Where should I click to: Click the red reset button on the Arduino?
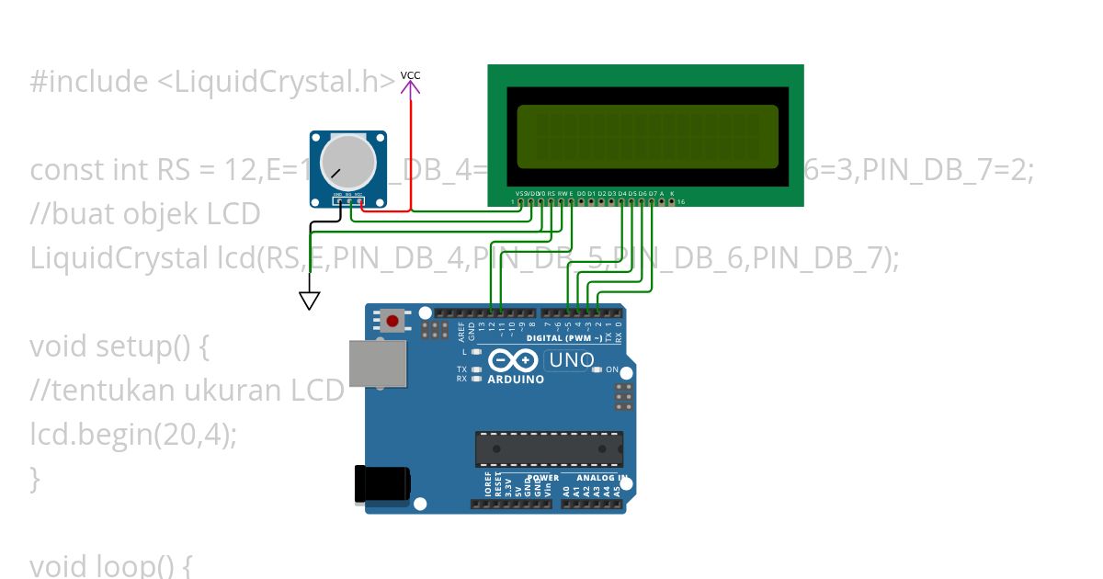393,321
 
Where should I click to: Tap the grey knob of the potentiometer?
347,160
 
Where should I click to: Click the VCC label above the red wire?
410,75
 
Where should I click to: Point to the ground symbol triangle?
310,301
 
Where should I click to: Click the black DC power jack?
382,484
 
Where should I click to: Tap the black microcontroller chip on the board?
549,448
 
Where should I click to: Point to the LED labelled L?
476,352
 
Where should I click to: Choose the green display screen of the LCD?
648,137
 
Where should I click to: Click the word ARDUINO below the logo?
515,380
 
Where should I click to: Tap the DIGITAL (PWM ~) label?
563,338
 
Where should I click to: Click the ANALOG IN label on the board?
602,478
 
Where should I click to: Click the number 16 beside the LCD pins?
681,201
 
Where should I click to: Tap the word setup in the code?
134,346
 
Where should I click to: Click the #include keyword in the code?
88,82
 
